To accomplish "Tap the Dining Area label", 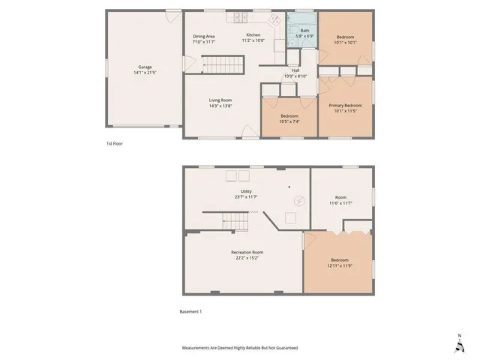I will (204, 36).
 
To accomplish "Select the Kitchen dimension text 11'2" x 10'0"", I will (253, 41).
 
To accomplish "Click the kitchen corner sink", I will (274, 19).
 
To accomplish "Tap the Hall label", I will (296, 70).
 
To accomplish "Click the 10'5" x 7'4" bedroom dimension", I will (289, 121).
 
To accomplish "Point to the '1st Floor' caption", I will (114, 142).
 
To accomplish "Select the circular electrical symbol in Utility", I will (298, 201).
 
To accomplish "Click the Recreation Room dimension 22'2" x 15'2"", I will (246, 258).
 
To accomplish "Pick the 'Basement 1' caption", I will (190, 311).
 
